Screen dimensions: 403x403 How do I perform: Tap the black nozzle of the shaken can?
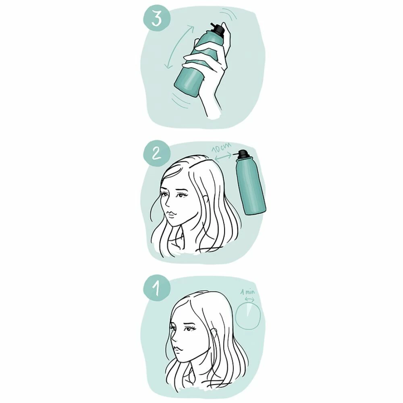218,29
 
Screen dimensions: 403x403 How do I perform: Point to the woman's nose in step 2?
167,205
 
